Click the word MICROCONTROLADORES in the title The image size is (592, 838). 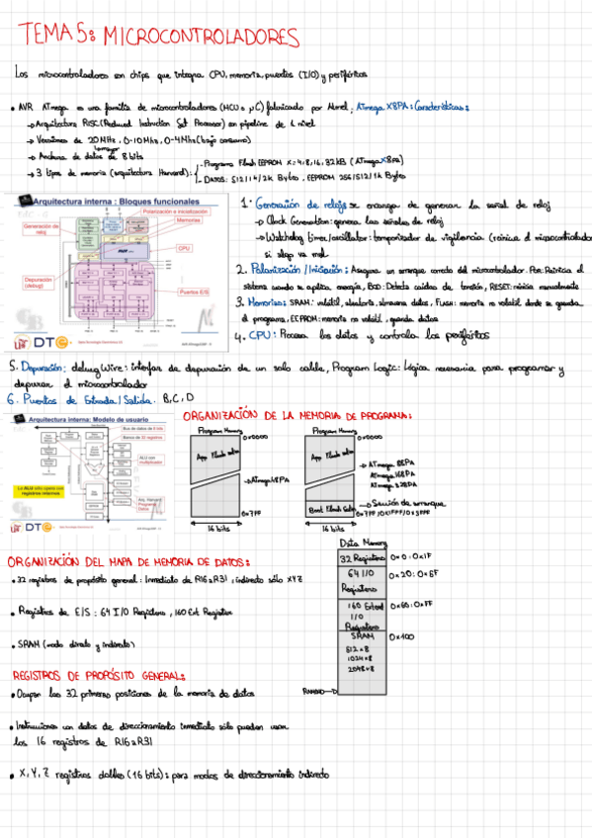pos(201,38)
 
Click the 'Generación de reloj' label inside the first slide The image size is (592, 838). pos(37,230)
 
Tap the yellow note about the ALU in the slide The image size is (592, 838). pos(37,490)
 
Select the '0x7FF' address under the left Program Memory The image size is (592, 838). pos(251,514)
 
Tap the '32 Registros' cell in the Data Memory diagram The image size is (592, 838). pos(363,559)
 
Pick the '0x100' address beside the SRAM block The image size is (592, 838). pos(401,636)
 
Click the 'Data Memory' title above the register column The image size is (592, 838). pos(363,544)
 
